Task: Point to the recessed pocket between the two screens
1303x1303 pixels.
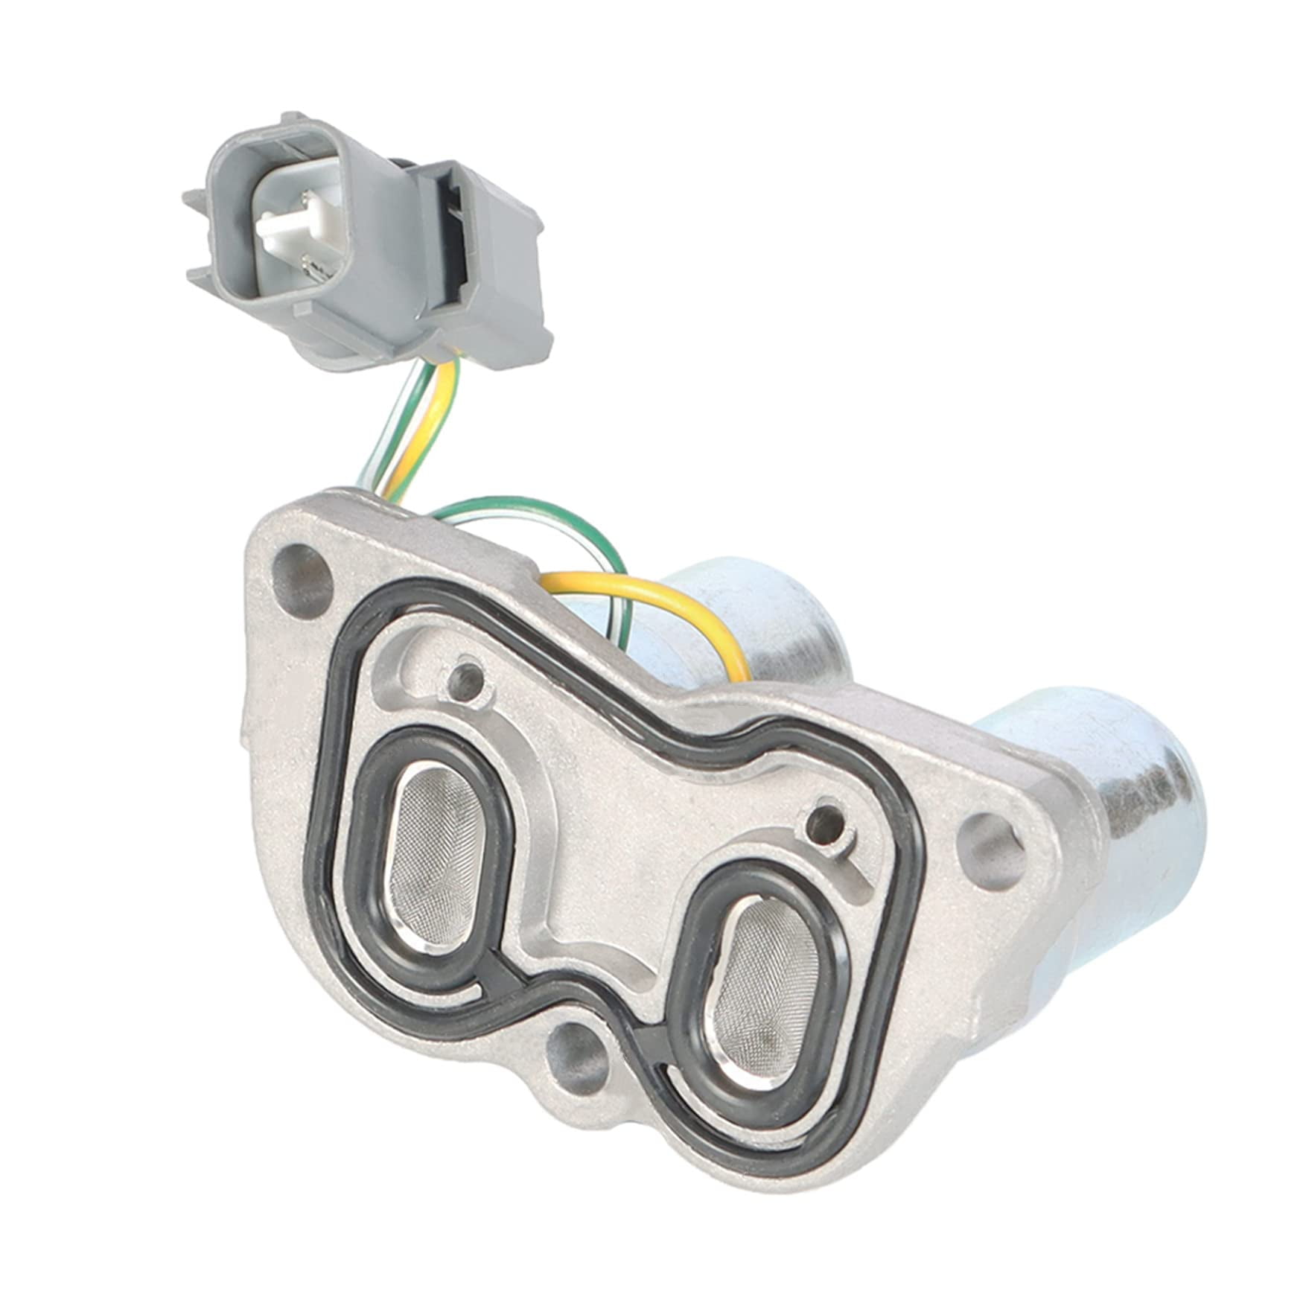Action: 596,893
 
